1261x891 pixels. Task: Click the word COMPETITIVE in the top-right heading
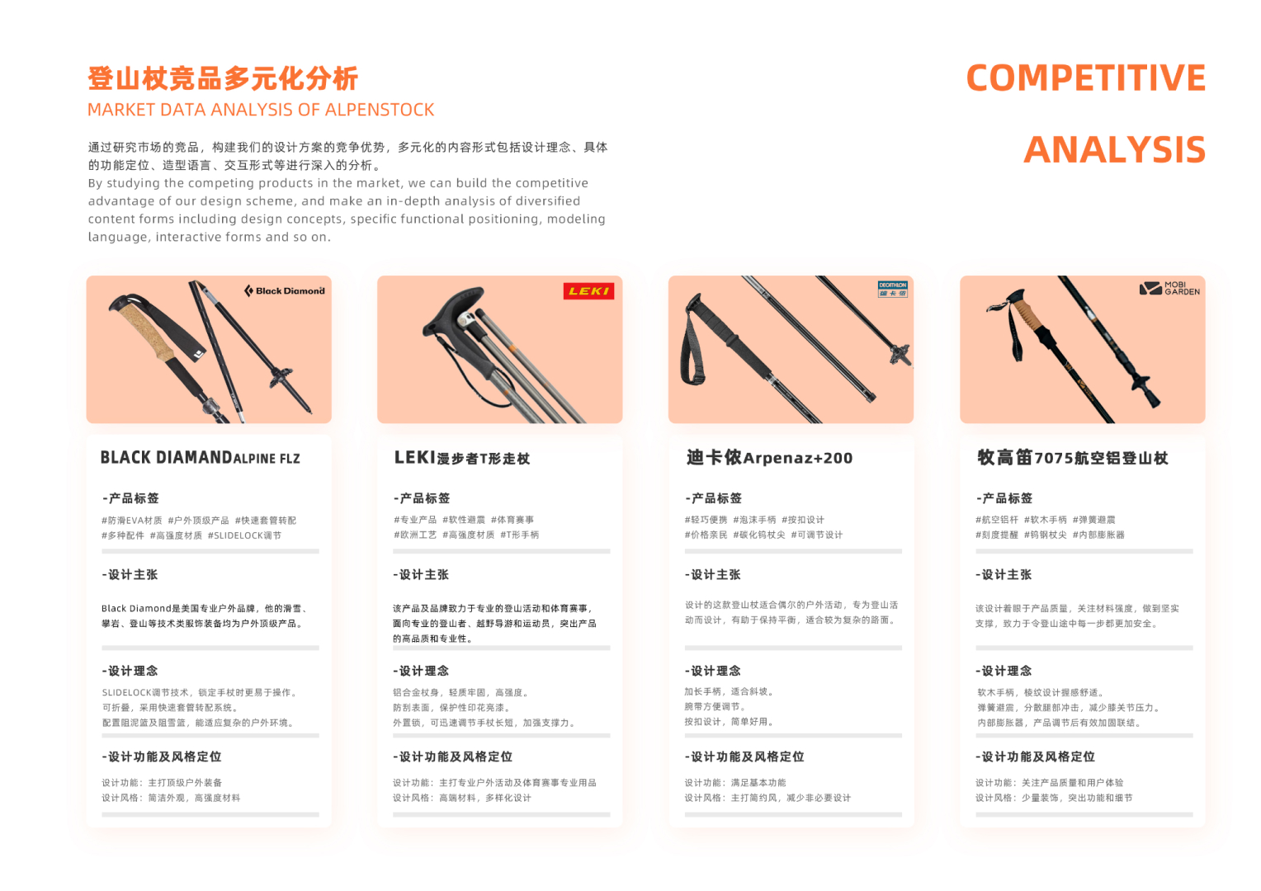[1085, 78]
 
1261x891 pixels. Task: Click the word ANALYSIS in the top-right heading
[1114, 150]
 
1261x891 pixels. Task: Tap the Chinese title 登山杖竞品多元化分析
[223, 79]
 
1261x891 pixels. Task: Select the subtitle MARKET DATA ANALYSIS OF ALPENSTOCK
[261, 110]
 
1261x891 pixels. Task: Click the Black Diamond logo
[285, 290]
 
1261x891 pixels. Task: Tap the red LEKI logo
[588, 291]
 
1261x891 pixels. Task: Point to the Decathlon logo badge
[892, 289]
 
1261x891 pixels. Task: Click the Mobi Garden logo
[1169, 289]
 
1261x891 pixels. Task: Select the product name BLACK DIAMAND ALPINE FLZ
[200, 458]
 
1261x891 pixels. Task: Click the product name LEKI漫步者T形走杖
[461, 458]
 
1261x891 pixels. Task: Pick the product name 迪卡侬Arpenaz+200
[769, 458]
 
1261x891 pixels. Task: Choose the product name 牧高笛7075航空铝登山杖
[1072, 458]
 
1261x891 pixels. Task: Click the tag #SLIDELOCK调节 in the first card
[244, 535]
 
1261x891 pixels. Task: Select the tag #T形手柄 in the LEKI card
[519, 535]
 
